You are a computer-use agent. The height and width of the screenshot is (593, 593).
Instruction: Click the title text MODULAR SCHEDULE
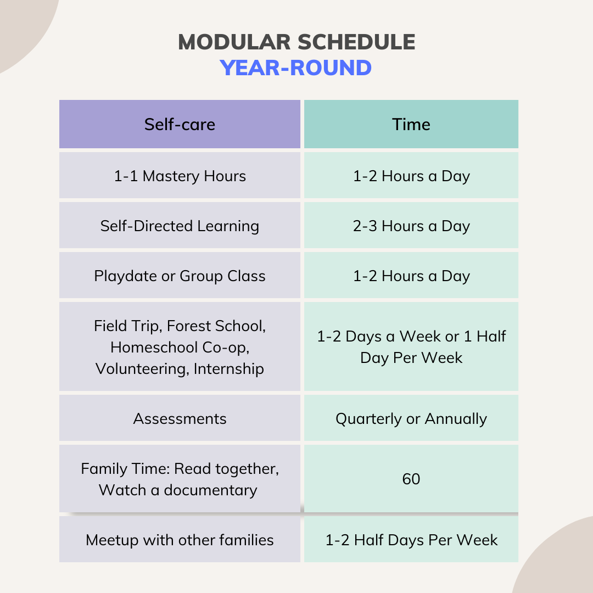[x=296, y=42]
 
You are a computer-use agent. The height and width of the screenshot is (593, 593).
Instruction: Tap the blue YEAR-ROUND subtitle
[x=296, y=68]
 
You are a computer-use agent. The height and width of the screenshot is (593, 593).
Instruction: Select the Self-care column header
[x=180, y=124]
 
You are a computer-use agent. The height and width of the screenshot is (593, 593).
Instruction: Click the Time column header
[x=411, y=124]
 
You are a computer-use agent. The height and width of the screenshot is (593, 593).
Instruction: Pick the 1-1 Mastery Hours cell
[x=180, y=176]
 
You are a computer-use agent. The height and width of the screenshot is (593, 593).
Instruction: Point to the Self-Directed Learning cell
[x=180, y=226]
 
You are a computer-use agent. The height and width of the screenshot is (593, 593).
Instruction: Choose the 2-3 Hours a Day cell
[x=411, y=226]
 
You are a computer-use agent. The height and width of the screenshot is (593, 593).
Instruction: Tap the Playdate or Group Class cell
[x=180, y=276]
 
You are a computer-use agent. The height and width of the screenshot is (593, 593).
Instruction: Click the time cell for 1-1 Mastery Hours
[x=411, y=176]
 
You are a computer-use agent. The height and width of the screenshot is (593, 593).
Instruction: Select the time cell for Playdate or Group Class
[x=411, y=276]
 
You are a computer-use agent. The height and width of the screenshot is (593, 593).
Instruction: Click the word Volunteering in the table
[x=142, y=368]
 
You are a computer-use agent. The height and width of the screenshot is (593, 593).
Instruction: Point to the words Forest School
[x=216, y=326]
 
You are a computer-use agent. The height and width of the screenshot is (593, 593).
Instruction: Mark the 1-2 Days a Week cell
[x=411, y=346]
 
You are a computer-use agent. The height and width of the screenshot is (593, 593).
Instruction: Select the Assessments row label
[x=180, y=418]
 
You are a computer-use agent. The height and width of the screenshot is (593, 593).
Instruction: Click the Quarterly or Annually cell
[x=411, y=418]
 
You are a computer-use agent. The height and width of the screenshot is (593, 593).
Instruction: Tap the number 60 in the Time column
[x=411, y=479]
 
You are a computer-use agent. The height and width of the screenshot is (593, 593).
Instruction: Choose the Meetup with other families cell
[x=180, y=540]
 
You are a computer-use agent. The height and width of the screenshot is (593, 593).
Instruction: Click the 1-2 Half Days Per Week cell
[x=411, y=540]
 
